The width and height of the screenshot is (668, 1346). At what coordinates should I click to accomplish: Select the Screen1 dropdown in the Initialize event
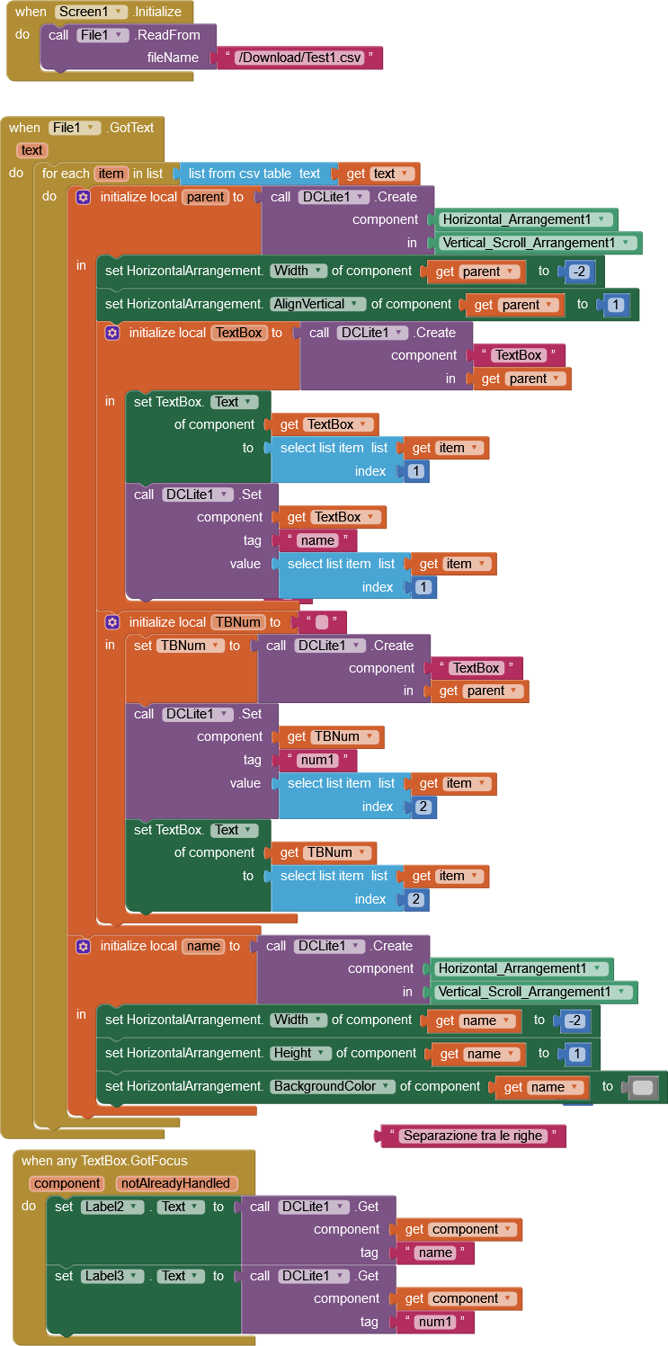(91, 13)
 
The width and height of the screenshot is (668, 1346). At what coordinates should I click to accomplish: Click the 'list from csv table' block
(254, 174)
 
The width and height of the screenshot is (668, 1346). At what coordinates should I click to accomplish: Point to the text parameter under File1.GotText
(31, 150)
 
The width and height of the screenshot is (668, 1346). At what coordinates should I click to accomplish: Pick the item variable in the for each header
(111, 174)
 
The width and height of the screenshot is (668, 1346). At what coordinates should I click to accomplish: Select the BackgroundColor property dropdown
(333, 1086)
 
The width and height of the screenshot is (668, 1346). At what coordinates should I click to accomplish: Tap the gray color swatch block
(643, 1087)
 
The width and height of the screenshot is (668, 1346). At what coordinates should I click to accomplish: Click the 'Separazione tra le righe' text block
(473, 1136)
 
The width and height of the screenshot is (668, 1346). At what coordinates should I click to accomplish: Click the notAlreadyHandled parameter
(176, 1183)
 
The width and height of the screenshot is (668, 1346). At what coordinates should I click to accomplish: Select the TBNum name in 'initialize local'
(237, 622)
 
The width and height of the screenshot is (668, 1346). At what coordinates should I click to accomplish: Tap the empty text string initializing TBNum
(321, 622)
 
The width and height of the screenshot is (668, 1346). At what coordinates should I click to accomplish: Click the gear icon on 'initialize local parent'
(83, 197)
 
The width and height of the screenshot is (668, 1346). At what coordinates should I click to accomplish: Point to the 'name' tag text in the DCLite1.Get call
(435, 1252)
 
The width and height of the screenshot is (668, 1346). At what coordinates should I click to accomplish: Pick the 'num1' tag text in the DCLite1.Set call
(316, 760)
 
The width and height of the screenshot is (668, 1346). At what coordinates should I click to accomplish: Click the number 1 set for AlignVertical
(615, 305)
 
